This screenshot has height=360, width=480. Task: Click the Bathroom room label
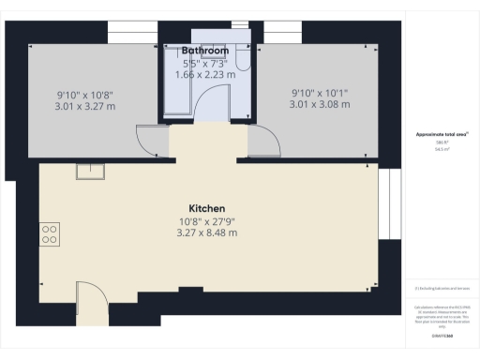click(203, 49)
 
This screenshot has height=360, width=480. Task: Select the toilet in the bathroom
click(242, 60)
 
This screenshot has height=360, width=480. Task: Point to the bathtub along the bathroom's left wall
click(172, 84)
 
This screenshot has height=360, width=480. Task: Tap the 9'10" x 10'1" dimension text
click(320, 92)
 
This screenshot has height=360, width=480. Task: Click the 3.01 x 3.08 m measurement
click(320, 104)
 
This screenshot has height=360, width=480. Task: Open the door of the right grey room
click(263, 142)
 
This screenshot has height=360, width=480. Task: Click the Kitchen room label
click(207, 208)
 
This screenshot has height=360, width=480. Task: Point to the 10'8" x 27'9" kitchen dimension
click(207, 221)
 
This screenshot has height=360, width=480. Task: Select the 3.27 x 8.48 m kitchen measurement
click(207, 232)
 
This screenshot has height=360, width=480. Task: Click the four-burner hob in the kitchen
click(50, 234)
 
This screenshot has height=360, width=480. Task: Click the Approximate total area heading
click(442, 134)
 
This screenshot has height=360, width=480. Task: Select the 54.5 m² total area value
click(442, 148)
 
